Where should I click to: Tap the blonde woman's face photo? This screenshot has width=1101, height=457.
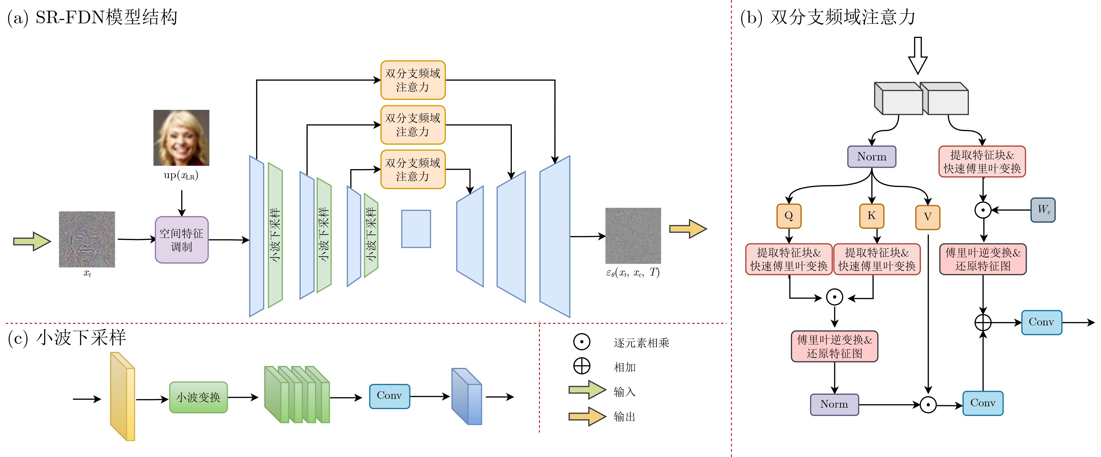pos(181,138)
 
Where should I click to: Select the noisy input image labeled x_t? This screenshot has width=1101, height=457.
pos(87,239)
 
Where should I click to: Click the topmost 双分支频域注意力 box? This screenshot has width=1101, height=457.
pos(412,80)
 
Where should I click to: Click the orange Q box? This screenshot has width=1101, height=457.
pos(788,216)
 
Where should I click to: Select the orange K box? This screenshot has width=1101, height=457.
pos(872,216)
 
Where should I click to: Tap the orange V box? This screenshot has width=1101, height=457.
pos(927,217)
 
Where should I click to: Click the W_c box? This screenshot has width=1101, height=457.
pos(1043,209)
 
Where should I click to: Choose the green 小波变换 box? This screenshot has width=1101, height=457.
pos(198,398)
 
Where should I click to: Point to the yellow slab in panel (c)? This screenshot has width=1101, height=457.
pos(122,396)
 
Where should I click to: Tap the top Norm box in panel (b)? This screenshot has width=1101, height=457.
pos(872,157)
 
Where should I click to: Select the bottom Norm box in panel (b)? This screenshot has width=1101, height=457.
pos(834,404)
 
